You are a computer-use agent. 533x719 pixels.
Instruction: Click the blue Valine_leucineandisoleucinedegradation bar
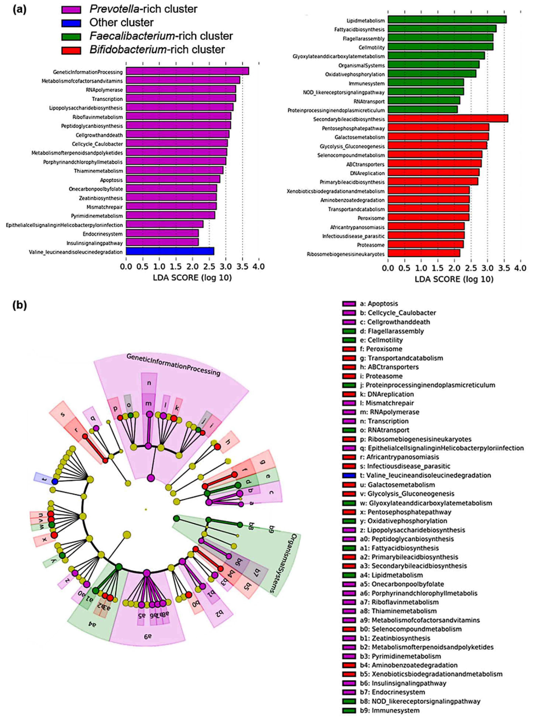[170, 251]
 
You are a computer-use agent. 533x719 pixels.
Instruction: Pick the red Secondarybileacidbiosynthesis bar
[448, 119]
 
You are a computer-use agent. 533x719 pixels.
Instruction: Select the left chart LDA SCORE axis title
[192, 277]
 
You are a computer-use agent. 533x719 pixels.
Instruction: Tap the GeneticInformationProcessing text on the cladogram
[173, 365]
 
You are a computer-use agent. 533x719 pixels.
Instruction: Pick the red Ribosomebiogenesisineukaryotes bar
[424, 254]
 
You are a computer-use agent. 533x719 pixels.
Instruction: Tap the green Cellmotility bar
[440, 47]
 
